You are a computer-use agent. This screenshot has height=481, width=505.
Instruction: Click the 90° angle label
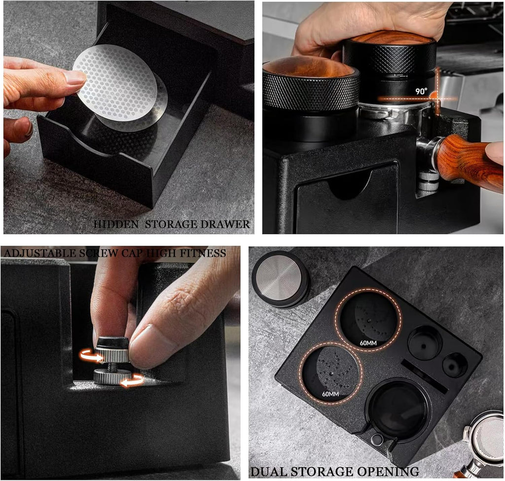tap(421, 92)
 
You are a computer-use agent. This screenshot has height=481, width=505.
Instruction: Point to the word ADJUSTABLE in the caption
tap(37, 253)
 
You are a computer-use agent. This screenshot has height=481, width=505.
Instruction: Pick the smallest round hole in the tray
tap(454, 365)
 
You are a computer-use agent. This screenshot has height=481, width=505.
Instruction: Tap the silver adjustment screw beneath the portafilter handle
tap(428, 182)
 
